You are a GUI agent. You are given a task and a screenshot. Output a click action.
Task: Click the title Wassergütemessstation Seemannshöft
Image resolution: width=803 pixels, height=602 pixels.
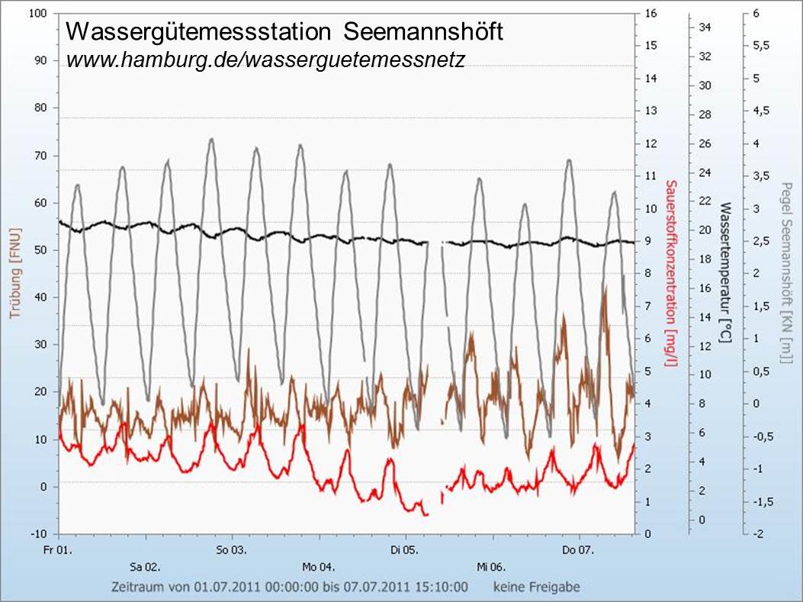284,32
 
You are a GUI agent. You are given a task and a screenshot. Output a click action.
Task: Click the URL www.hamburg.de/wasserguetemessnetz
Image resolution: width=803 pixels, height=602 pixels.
265,59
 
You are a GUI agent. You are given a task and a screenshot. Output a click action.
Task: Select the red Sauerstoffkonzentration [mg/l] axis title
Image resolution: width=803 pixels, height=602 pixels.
670,272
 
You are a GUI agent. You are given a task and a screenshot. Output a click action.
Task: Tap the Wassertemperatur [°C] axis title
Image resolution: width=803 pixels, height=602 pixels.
725,272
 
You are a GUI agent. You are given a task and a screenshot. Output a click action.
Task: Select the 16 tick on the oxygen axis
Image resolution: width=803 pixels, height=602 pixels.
650,14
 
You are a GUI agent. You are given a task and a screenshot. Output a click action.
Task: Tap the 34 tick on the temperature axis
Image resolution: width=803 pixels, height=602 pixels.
705,27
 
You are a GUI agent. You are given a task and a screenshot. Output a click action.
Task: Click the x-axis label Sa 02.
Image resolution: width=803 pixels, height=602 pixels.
145,567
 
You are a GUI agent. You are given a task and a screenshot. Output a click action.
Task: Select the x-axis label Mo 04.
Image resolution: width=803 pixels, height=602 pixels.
318,567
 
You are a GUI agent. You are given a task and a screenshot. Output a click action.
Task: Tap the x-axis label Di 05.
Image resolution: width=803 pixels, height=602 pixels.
405,549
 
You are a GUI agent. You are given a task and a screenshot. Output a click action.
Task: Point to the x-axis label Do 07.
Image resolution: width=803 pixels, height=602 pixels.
578,549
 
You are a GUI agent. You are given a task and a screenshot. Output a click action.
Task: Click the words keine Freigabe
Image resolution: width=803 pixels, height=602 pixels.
536,588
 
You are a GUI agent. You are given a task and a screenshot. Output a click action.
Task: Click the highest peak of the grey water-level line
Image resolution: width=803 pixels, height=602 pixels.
210,139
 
